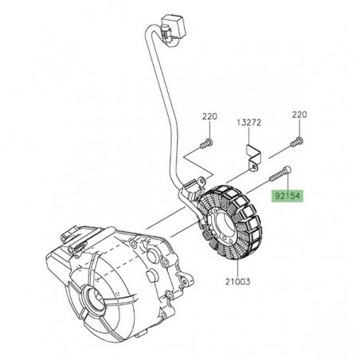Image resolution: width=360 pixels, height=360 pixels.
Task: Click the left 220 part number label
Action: click(186, 116)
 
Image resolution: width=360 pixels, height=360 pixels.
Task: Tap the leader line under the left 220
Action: click(186, 129)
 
